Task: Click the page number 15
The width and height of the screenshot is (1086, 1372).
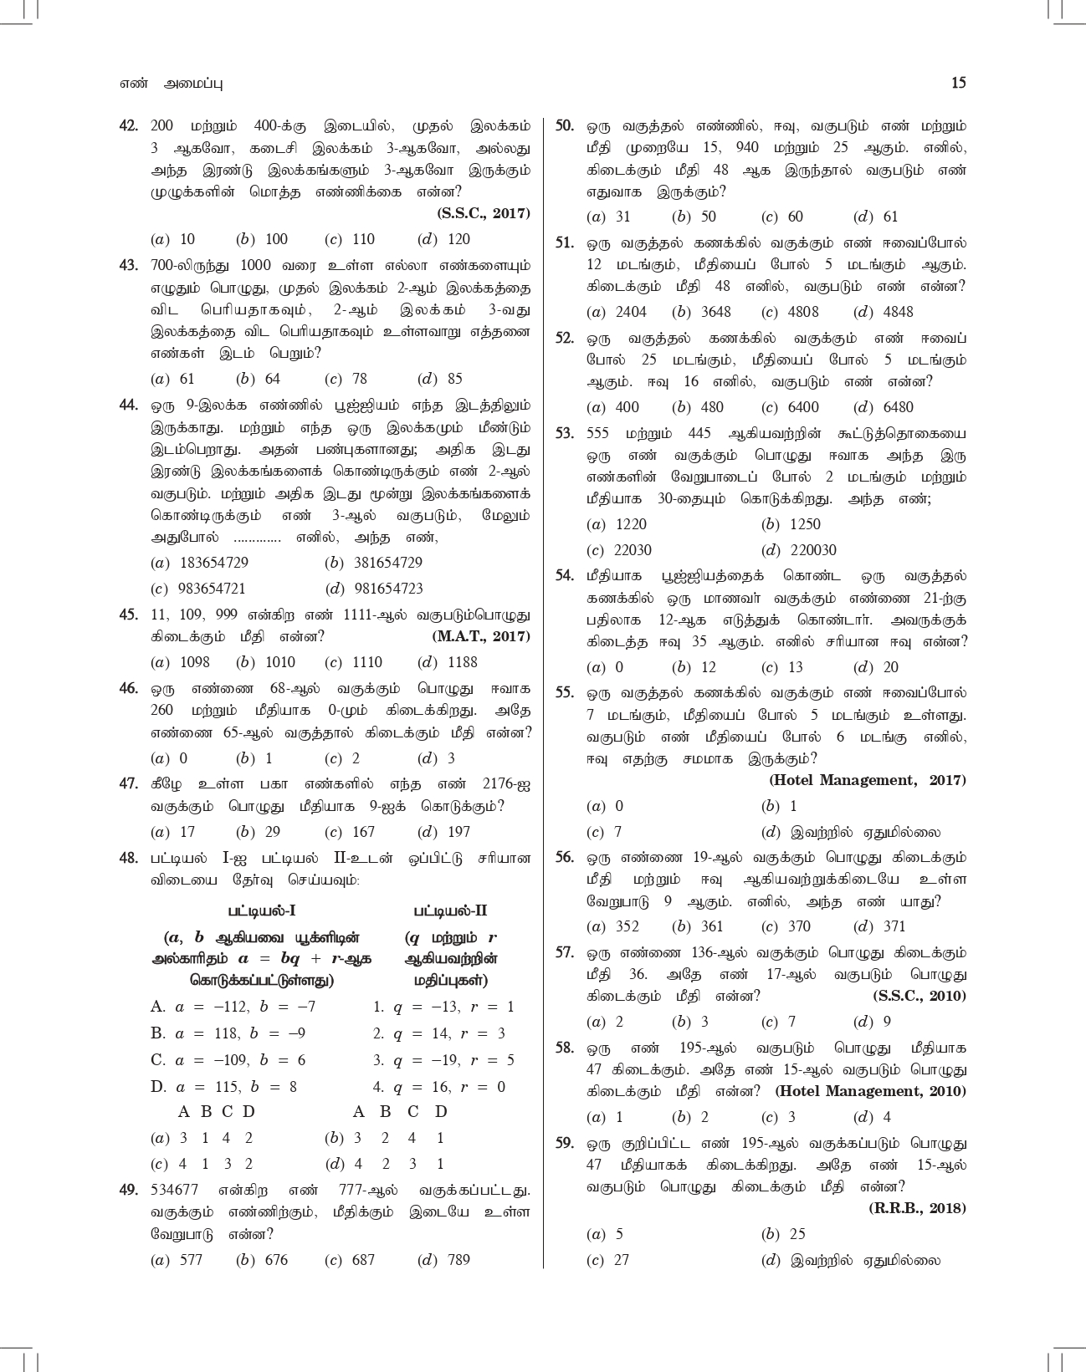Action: click(x=958, y=83)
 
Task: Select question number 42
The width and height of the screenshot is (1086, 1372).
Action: click(x=128, y=126)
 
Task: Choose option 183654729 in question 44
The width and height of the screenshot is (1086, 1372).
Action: click(x=213, y=563)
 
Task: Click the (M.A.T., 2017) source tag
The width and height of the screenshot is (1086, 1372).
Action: click(x=481, y=636)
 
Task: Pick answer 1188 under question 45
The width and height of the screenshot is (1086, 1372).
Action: click(x=462, y=662)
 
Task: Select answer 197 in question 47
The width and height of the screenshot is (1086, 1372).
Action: click(x=458, y=832)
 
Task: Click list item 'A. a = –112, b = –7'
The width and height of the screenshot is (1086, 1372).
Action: click(x=233, y=1007)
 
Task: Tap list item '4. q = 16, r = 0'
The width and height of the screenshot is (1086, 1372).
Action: click(x=439, y=1087)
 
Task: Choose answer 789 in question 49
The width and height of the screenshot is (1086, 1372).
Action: click(x=458, y=1260)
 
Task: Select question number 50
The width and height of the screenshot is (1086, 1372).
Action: click(x=565, y=126)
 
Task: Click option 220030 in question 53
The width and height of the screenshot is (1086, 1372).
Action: click(x=812, y=550)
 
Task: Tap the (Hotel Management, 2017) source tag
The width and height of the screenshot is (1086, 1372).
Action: click(x=867, y=780)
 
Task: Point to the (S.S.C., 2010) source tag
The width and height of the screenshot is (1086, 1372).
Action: click(x=919, y=996)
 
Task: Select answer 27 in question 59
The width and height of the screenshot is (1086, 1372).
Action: click(x=621, y=1260)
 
